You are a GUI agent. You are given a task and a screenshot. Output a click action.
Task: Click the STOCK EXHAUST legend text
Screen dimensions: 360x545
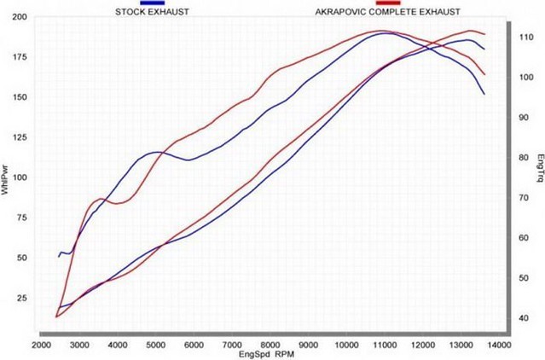[152, 12]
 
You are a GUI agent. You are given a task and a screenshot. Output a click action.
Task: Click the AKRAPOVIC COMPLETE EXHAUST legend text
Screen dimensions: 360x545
[388, 12]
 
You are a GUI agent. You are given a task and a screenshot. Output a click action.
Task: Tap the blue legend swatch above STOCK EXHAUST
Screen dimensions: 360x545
[152, 3]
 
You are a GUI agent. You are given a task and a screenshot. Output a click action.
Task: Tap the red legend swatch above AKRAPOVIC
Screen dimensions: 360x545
[388, 3]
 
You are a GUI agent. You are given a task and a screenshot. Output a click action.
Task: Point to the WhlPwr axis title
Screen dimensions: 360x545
[6, 180]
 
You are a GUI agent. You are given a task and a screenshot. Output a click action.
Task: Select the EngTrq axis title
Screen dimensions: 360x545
[539, 167]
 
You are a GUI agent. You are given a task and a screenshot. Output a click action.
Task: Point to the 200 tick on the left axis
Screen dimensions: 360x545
[20, 17]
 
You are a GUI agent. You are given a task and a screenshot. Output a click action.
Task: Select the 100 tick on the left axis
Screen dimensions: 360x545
[20, 178]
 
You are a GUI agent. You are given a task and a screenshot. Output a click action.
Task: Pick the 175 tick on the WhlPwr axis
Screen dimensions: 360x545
[20, 57]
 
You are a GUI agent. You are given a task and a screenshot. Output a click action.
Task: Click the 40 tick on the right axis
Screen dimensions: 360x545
[524, 318]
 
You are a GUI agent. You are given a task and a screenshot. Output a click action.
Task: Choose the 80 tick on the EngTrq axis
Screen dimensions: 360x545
[524, 158]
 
